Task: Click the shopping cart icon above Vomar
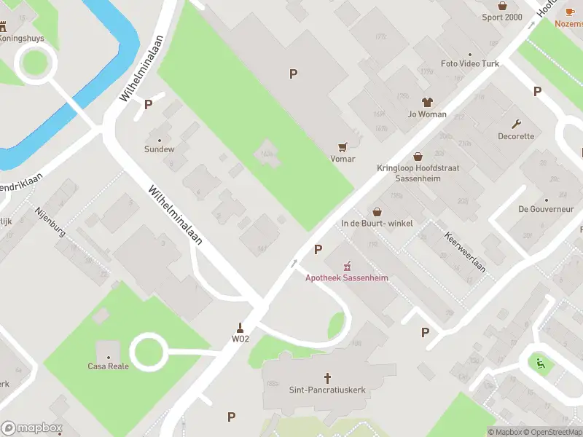(343, 146)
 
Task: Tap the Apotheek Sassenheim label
(346, 277)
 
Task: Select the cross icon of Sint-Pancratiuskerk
(327, 378)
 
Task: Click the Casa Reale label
(108, 366)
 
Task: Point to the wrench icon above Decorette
(517, 124)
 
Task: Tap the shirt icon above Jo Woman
(426, 103)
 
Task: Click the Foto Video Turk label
(470, 64)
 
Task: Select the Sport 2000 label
(502, 17)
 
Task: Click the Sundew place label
(159, 149)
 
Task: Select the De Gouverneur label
(546, 209)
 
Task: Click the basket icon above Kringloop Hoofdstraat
(418, 156)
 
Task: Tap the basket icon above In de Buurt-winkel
(377, 211)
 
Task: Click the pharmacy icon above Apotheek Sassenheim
(347, 265)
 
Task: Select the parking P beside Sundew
(149, 104)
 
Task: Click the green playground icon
(539, 363)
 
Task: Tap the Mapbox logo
(31, 428)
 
